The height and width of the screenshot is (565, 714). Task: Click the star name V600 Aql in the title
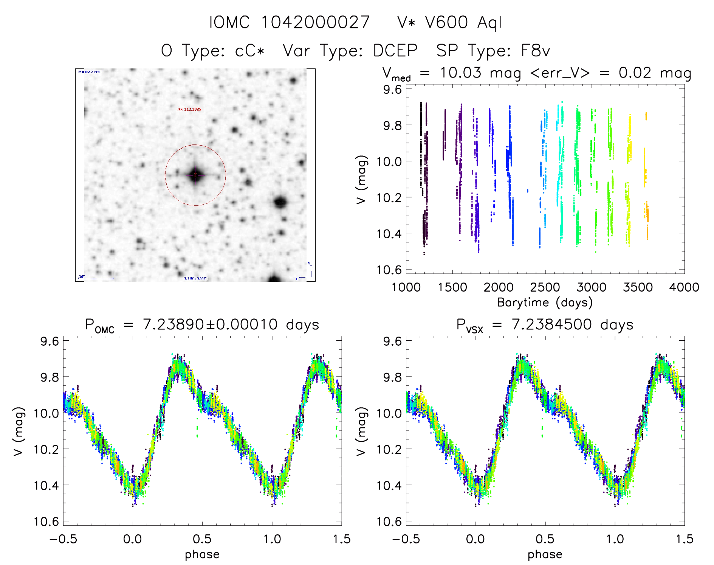click(x=463, y=22)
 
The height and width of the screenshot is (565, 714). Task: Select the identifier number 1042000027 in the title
click(x=316, y=22)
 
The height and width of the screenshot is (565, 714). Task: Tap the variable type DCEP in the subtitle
click(x=395, y=51)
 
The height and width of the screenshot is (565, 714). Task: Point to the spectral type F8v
click(x=535, y=51)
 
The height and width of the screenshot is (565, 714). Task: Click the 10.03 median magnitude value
click(x=460, y=73)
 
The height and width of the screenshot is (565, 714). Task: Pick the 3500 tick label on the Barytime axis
click(x=638, y=287)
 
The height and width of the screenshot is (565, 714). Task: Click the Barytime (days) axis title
click(x=545, y=303)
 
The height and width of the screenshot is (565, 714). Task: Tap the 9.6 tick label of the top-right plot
click(x=392, y=90)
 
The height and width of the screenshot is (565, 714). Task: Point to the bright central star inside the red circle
click(x=195, y=175)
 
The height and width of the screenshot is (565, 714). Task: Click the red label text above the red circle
click(x=189, y=109)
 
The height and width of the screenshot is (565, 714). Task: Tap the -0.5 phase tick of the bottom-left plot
click(x=63, y=539)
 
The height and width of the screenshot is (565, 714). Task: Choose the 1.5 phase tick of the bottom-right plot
click(x=684, y=539)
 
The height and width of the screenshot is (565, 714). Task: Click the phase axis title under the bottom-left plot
click(x=202, y=554)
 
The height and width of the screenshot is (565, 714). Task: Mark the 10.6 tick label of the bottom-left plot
click(x=46, y=522)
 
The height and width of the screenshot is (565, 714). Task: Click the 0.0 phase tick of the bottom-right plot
click(x=475, y=539)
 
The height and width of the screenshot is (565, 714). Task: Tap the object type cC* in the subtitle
click(x=250, y=51)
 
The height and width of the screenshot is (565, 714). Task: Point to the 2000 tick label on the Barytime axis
click(x=499, y=287)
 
